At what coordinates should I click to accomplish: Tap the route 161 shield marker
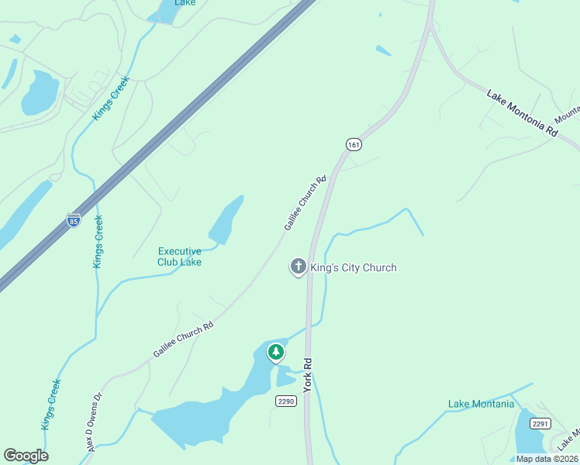[354, 145]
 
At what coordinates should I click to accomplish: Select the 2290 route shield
[286, 401]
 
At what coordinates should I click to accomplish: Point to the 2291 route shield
[540, 423]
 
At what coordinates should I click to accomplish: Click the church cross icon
[298, 267]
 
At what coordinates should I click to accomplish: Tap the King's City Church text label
[354, 267]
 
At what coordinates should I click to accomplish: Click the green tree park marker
[275, 353]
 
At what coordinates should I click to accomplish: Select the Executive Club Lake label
[180, 257]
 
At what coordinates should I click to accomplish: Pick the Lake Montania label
[481, 404]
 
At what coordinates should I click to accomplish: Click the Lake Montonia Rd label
[522, 114]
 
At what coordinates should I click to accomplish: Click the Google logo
[26, 456]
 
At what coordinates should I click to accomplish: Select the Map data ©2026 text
[546, 459]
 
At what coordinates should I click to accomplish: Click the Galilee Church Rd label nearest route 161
[306, 202]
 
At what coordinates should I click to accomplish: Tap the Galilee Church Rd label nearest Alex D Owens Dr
[183, 340]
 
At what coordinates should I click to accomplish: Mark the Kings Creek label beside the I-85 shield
[98, 242]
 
